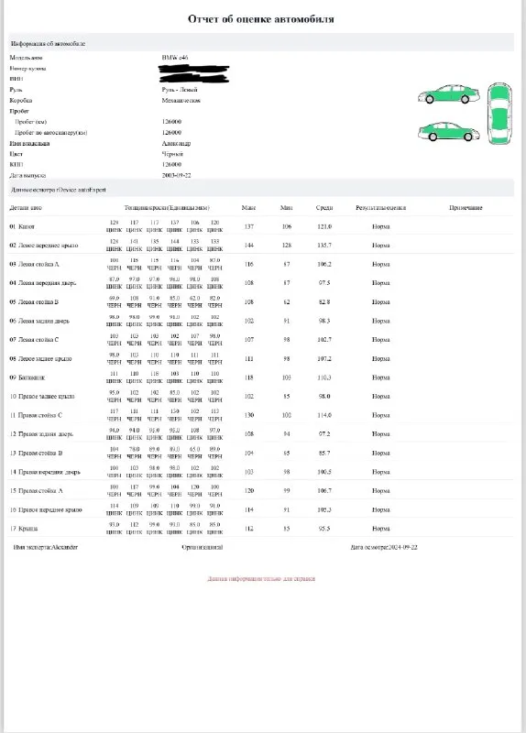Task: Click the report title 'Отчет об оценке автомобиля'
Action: (261, 18)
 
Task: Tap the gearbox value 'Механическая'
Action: (180, 100)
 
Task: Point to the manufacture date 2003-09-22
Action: (178, 174)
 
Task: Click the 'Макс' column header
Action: (248, 208)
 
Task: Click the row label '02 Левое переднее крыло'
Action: (44, 246)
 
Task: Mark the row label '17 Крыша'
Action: (24, 528)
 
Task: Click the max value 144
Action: (248, 246)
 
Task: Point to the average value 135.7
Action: (324, 246)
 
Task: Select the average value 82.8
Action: (324, 301)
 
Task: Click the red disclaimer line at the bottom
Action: (262, 579)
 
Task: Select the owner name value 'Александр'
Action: (176, 143)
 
